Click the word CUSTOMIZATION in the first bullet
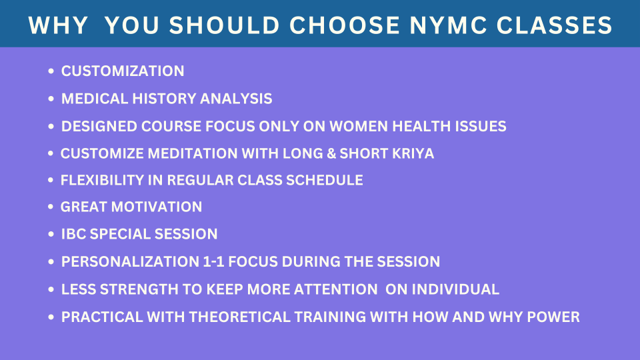pyautogui.click(x=123, y=71)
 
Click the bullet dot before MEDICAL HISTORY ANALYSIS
pyautogui.click(x=51, y=99)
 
